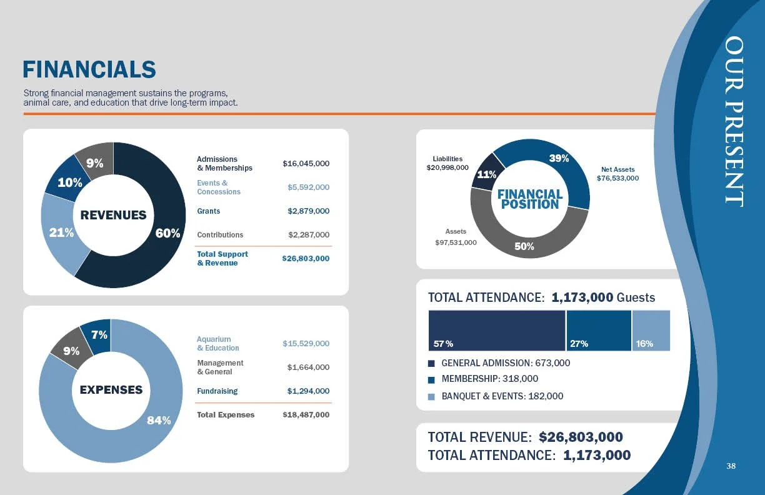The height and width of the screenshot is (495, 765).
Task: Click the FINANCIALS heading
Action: [x=89, y=69]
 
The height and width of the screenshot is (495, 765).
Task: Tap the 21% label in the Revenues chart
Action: [x=62, y=232]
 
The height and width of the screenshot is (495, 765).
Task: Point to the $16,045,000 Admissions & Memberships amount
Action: [x=306, y=164]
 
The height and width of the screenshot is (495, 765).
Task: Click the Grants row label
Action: [x=208, y=211]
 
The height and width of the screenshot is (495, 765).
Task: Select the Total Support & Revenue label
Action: [x=222, y=259]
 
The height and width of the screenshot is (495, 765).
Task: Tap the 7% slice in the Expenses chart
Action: [x=99, y=335]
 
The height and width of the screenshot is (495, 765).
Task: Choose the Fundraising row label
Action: [x=217, y=391]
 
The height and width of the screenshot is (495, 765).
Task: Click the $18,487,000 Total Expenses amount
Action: [x=306, y=415]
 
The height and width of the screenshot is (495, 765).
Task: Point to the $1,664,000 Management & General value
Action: [x=308, y=367]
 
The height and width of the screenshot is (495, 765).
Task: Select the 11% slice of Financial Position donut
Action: [x=487, y=174]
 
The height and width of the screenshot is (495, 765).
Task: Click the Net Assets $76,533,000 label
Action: [x=617, y=174]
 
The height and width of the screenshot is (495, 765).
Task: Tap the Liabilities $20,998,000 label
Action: [x=447, y=163]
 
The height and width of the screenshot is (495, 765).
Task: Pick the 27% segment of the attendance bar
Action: [x=599, y=331]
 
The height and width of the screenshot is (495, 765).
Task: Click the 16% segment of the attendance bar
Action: [x=651, y=331]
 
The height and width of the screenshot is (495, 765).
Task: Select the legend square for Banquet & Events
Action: [x=431, y=396]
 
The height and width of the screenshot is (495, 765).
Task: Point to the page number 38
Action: [x=731, y=466]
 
